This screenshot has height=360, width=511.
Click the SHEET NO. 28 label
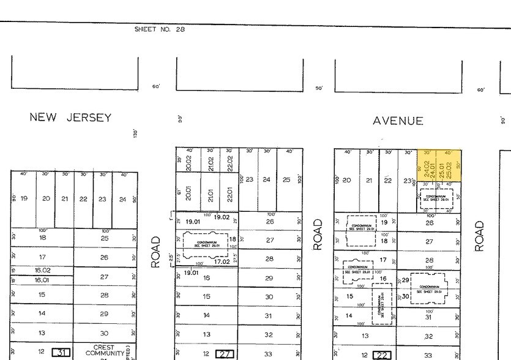(x=159, y=29)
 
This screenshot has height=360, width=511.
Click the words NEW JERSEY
(x=70, y=118)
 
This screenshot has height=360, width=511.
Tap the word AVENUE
(x=398, y=121)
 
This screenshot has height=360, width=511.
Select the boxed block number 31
(x=61, y=352)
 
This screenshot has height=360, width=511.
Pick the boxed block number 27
(x=225, y=354)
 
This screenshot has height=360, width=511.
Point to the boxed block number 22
(x=383, y=355)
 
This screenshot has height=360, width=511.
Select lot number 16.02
(x=42, y=269)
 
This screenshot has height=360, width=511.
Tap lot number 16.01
(x=42, y=280)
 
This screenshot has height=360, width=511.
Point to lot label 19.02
(x=222, y=217)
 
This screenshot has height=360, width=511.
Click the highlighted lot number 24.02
(x=427, y=165)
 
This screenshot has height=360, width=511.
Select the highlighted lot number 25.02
(x=449, y=165)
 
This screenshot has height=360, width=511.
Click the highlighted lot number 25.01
(x=441, y=165)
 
